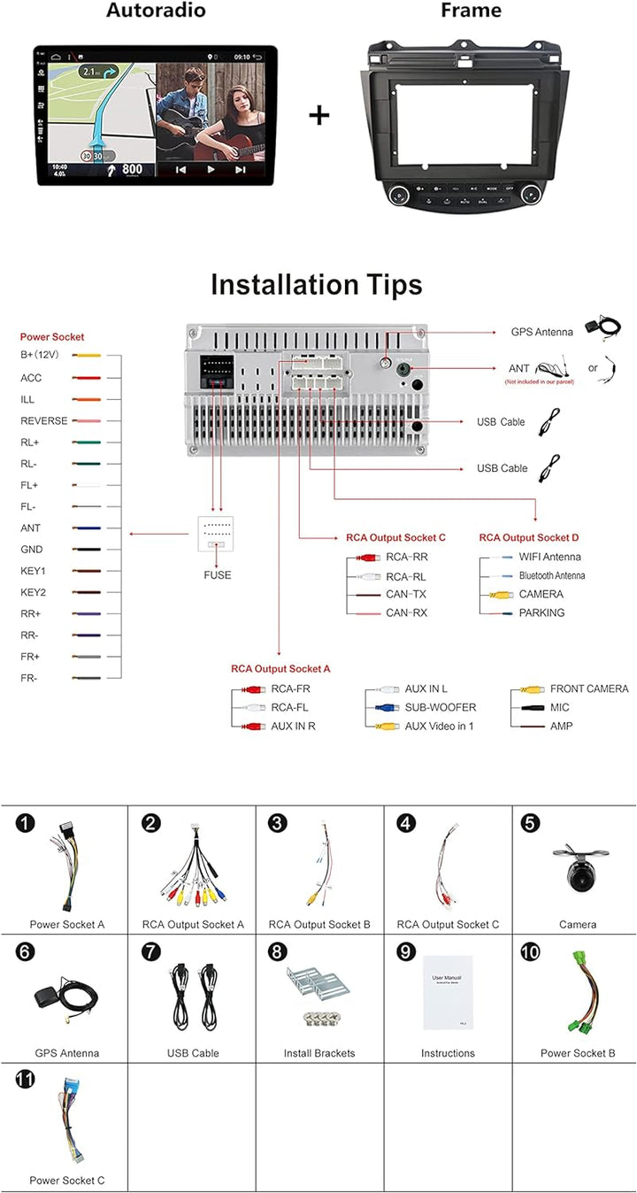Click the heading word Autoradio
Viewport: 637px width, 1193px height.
coord(156,11)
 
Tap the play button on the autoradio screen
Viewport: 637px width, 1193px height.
coord(211,169)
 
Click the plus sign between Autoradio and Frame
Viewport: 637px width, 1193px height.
coord(318,115)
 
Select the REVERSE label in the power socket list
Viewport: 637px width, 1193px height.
coord(44,420)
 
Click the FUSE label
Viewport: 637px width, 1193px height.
coord(217,575)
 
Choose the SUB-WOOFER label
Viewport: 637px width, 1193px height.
coord(441,707)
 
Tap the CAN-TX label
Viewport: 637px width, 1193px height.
coord(406,594)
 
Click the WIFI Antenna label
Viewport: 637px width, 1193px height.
coord(550,557)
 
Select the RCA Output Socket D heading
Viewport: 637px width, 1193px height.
coord(529,537)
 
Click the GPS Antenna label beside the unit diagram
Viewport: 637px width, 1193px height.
coord(542,332)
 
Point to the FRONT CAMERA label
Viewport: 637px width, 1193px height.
coord(589,689)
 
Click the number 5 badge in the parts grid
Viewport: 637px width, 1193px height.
coord(530,823)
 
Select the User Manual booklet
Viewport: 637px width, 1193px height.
coord(448,992)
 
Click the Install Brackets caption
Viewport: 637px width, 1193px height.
coord(319,1053)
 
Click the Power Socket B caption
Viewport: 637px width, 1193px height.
coord(578,1053)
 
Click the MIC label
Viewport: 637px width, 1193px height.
coord(560,707)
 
